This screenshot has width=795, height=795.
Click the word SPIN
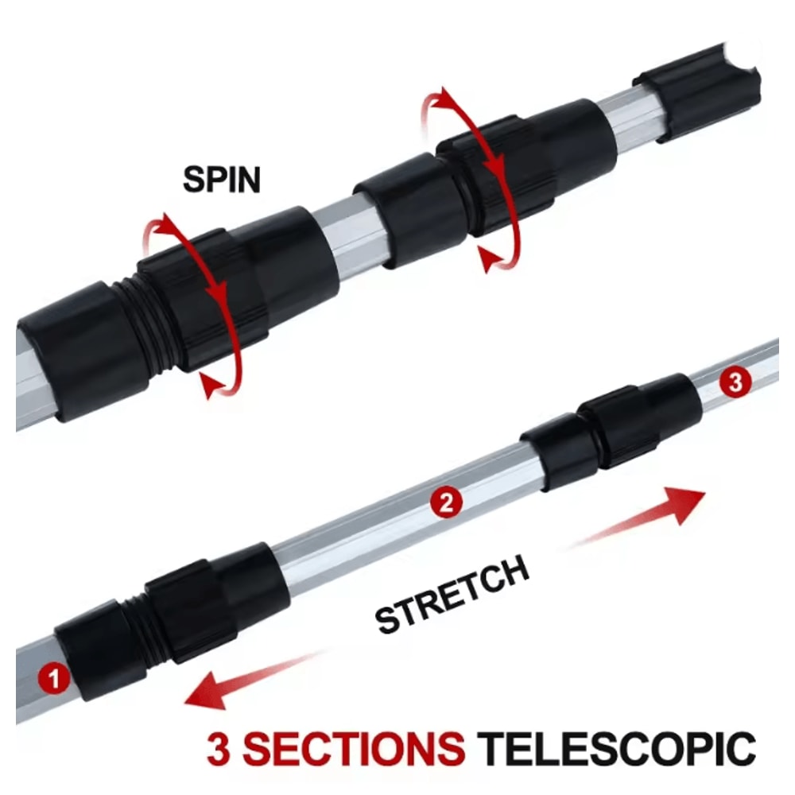(222, 180)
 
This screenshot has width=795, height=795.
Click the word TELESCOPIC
(620, 750)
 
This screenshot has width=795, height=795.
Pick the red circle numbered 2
(445, 502)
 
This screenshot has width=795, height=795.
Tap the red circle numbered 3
(735, 382)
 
